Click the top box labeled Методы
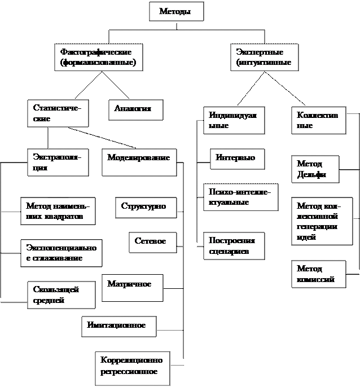click(x=175, y=11)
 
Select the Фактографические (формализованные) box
click(x=98, y=57)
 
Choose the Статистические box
click(x=57, y=113)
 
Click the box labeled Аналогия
click(x=135, y=109)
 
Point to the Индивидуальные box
click(x=233, y=120)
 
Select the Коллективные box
click(x=318, y=120)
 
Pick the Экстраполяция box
click(x=57, y=162)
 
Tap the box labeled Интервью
click(x=236, y=159)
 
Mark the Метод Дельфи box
click(x=315, y=169)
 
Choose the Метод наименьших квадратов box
click(x=58, y=211)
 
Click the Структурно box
click(x=145, y=207)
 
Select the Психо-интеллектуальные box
click(x=240, y=197)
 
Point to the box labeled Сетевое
click(x=152, y=241)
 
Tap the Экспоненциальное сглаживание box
click(x=61, y=253)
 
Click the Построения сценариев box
click(x=233, y=245)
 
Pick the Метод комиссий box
click(x=318, y=274)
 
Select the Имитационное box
click(x=118, y=326)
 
